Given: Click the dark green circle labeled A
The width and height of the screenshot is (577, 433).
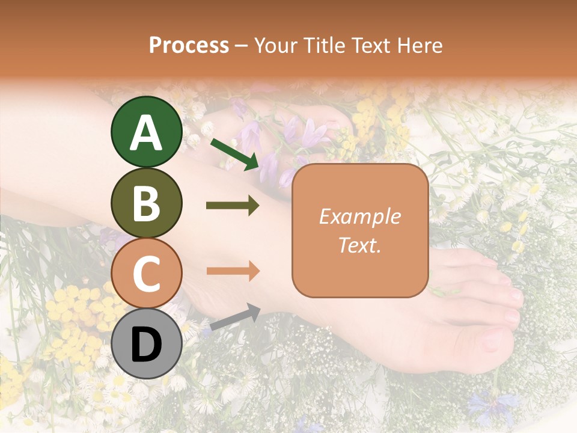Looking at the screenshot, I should (146, 132).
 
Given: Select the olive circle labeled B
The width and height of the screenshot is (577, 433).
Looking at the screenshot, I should (146, 203).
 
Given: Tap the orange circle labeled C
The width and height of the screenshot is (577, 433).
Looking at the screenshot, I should (146, 273).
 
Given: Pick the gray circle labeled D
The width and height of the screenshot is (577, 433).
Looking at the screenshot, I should (146, 343).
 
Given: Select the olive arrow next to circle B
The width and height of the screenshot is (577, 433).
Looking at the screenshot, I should (233, 206).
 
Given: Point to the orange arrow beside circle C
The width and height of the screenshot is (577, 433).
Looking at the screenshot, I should (233, 271).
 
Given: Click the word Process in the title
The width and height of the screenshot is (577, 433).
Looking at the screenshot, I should (189, 46).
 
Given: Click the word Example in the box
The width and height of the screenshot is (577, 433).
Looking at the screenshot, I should (359, 216).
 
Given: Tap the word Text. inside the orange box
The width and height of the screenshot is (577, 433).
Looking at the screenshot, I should (359, 245).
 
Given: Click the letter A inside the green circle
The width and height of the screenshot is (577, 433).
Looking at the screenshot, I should (146, 133).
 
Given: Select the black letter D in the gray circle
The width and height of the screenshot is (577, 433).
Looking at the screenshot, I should (146, 345).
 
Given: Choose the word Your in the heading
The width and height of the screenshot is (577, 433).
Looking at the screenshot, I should (275, 46).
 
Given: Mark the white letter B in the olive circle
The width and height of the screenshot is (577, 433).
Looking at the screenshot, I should (146, 203).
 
